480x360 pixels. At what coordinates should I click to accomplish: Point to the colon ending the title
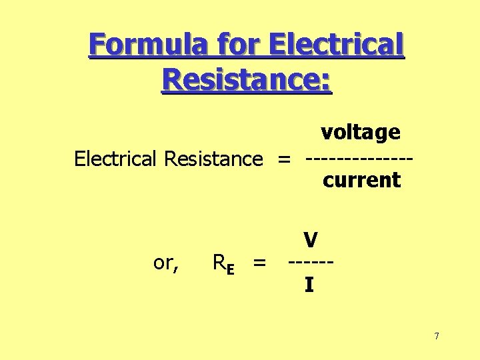click(326, 83)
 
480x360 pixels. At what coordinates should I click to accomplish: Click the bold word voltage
click(360, 132)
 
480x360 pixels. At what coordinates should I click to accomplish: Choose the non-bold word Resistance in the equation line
click(213, 159)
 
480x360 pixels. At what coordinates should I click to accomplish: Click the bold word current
click(361, 180)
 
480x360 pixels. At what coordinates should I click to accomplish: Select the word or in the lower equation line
click(163, 263)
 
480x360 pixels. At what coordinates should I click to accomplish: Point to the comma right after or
click(176, 267)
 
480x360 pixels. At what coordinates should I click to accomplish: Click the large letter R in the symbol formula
click(218, 263)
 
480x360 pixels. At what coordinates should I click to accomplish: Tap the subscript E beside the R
click(229, 269)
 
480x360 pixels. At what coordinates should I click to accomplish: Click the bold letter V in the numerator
click(309, 240)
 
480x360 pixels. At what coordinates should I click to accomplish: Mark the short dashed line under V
click(311, 263)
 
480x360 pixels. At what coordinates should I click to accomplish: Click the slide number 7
click(436, 336)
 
